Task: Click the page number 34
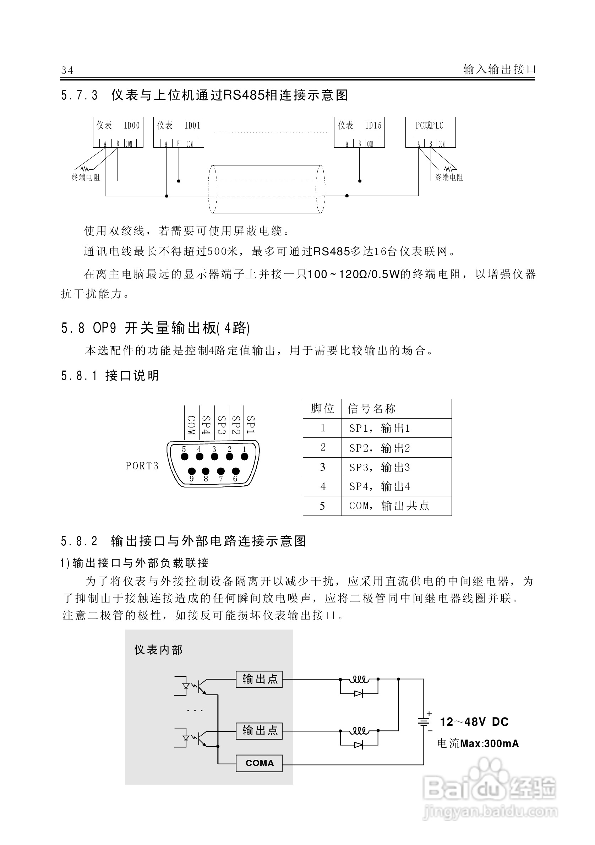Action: tap(67, 70)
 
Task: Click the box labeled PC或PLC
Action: tap(430, 132)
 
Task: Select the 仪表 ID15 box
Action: tap(359, 132)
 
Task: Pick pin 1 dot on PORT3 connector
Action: tap(244, 457)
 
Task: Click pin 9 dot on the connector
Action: tap(191, 471)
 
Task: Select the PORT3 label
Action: tap(142, 466)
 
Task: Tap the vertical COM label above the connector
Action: tap(191, 425)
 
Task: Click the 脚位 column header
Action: tap(322, 409)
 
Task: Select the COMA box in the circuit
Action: tap(259, 763)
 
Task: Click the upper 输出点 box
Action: tap(259, 679)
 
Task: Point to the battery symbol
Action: tap(424, 722)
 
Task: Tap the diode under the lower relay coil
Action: tap(359, 745)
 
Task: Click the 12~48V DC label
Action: tap(474, 722)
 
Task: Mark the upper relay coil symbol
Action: tap(359, 678)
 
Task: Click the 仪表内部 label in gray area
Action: tap(158, 650)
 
